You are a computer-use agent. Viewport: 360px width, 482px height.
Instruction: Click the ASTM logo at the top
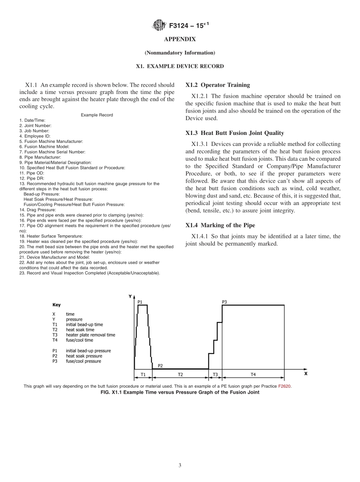[x=158, y=25]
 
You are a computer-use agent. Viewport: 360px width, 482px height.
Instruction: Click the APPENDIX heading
[x=180, y=39]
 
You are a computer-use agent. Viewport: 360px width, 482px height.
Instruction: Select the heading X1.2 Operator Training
[x=218, y=85]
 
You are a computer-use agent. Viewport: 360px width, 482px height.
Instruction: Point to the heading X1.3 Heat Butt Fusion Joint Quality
[x=235, y=133]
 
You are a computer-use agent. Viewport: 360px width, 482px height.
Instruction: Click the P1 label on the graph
[x=140, y=302]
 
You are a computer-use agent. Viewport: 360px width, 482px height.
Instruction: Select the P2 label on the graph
[x=160, y=366]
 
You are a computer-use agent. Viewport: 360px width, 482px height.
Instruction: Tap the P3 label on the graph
[x=224, y=302]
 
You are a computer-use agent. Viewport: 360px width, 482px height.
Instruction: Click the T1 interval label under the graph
[x=143, y=374]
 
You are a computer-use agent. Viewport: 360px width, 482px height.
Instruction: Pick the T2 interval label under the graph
[x=180, y=374]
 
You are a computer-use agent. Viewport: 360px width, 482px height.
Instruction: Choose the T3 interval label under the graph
[x=215, y=374]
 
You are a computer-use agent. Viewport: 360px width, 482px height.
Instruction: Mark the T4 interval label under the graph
[x=253, y=374]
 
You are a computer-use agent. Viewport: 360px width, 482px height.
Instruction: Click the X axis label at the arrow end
[x=306, y=373]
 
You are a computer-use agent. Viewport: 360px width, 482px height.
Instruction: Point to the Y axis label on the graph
[x=130, y=296]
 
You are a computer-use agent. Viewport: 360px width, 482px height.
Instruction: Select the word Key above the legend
[x=56, y=305]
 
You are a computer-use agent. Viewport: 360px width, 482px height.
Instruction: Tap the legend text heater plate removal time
[x=90, y=335]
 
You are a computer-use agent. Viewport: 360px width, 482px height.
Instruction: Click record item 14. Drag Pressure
[x=38, y=210]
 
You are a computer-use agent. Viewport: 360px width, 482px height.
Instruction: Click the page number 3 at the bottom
[x=180, y=465]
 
